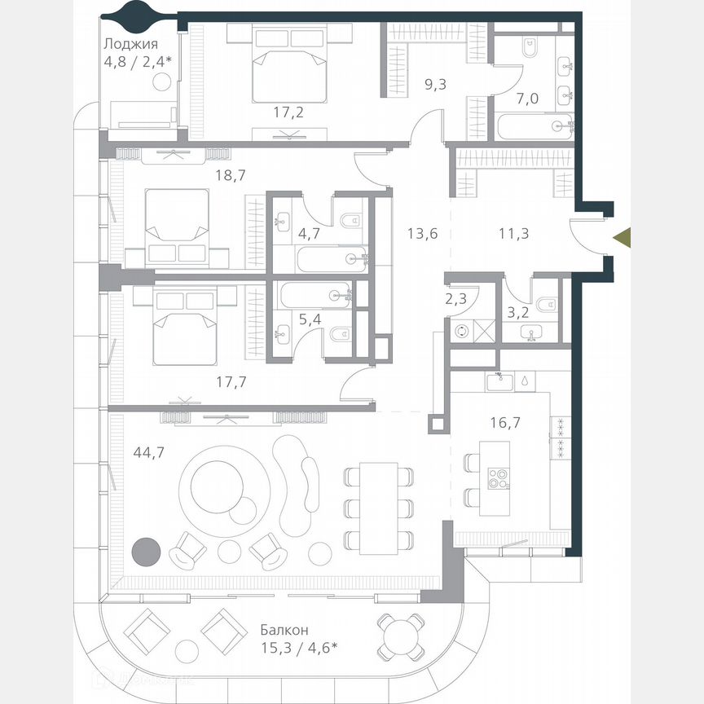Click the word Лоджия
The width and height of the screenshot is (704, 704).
tap(130, 45)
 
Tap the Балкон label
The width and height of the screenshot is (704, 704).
tap(284, 630)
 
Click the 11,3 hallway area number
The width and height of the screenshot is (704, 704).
tap(514, 233)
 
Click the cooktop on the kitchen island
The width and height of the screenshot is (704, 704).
tap(496, 479)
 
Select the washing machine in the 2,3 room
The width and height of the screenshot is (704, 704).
tap(464, 331)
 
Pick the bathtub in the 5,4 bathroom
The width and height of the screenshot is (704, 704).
tap(316, 295)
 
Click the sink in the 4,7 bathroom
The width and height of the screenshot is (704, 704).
tap(283, 219)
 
